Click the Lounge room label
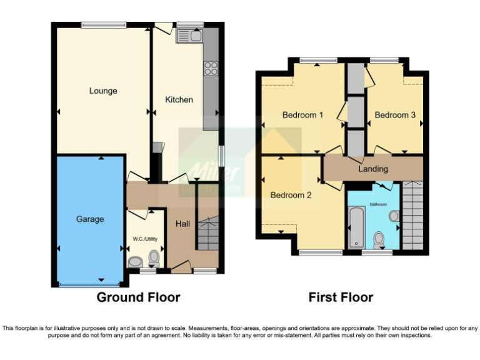103,91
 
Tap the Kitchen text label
179,99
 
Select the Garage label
90,219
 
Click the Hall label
183,224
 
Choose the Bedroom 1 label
302,115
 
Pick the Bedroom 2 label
291,195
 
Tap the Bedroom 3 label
395,115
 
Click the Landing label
373,169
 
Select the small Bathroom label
377,204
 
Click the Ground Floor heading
138,297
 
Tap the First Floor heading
341,297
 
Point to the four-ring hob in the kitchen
211,67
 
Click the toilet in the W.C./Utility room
154,257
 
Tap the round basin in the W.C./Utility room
134,262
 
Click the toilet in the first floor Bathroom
379,238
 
